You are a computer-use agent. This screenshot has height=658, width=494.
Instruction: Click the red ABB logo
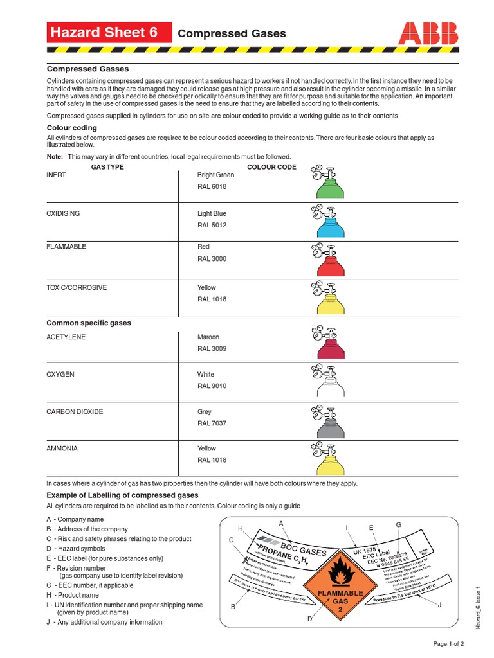pyautogui.click(x=428, y=33)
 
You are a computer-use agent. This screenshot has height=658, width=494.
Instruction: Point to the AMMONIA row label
pyautogui.click(x=62, y=449)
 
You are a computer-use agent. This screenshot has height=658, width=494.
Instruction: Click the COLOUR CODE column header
pyautogui.click(x=272, y=167)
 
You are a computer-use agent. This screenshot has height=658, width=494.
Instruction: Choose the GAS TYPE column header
pyautogui.click(x=107, y=167)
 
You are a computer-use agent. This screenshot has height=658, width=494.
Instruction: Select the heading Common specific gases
pyautogui.click(x=89, y=323)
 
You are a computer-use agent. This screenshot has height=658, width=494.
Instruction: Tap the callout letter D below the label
pyautogui.click(x=309, y=619)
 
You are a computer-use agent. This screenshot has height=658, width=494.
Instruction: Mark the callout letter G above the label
pyautogui.click(x=398, y=525)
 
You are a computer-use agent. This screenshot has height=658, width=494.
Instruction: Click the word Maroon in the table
pyautogui.click(x=208, y=337)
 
